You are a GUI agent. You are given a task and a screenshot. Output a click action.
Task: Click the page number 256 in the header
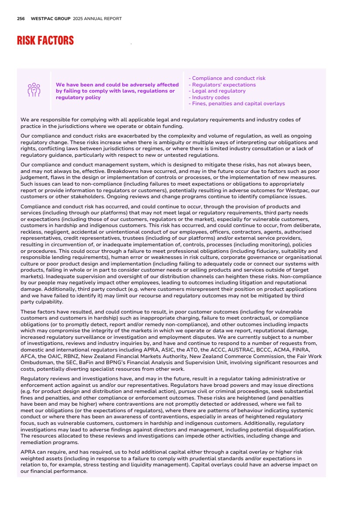(21, 19)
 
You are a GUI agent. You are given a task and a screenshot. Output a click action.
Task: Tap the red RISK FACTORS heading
(45, 41)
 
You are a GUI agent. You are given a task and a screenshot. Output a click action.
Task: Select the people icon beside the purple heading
(34, 90)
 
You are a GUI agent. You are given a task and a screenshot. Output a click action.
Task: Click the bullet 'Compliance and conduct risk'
(227, 79)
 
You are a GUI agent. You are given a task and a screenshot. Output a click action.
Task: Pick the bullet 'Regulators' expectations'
(222, 85)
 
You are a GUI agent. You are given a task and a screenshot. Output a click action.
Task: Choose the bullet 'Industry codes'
(209, 97)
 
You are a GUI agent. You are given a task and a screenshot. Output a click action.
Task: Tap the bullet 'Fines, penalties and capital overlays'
(237, 104)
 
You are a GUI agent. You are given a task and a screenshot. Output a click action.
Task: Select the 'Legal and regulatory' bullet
(217, 91)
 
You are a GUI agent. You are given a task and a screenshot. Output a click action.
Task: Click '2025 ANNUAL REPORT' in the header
(97, 19)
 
